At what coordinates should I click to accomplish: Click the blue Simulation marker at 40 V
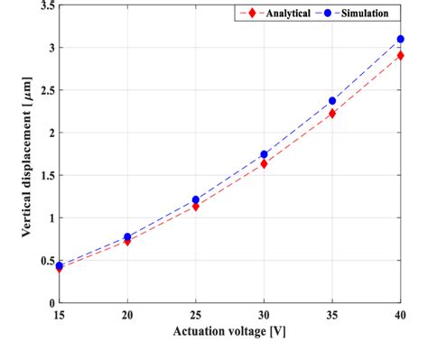pos(400,39)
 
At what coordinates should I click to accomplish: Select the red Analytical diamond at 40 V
pos(400,55)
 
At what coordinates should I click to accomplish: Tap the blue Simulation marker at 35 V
pos(332,101)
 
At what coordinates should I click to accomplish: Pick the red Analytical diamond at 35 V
pos(332,114)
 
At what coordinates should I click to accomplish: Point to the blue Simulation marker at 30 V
pos(264,154)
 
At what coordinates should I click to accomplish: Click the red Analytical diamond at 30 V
pos(264,164)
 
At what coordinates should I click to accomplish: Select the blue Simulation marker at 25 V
pos(195,199)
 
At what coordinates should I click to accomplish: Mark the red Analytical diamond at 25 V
pos(195,207)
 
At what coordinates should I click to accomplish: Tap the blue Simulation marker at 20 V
pos(127,236)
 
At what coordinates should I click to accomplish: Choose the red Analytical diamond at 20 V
pos(127,242)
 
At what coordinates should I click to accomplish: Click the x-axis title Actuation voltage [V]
pos(229,333)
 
